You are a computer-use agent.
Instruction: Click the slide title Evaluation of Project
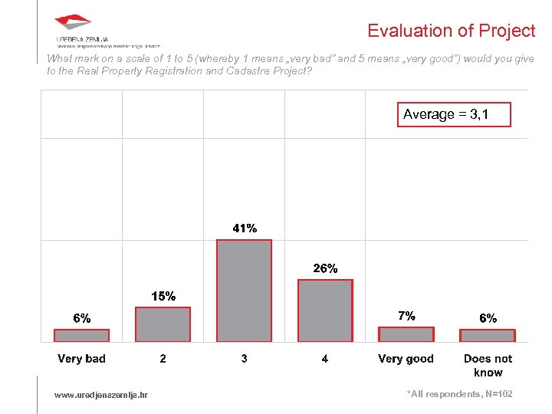(451, 31)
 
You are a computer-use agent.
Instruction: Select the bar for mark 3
(244, 291)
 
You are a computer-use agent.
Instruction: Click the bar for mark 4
(325, 310)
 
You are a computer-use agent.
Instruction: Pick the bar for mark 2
(163, 324)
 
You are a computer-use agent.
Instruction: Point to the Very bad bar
(81, 335)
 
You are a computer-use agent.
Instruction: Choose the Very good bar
(406, 334)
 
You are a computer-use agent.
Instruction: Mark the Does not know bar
(488, 335)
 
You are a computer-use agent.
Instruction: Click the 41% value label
(245, 228)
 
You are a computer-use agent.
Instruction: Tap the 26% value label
(325, 268)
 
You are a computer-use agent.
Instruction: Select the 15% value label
(163, 296)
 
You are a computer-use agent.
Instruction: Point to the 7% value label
(406, 316)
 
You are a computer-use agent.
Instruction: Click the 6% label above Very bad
(82, 318)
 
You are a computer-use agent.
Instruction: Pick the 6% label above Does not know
(488, 318)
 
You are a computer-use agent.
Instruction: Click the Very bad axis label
(81, 359)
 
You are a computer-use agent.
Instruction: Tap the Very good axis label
(406, 359)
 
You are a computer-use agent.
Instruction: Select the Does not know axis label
(488, 366)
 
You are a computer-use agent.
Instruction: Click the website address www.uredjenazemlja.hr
(101, 395)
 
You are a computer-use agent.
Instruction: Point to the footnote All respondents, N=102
(459, 394)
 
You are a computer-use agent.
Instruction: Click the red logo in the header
(73, 23)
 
